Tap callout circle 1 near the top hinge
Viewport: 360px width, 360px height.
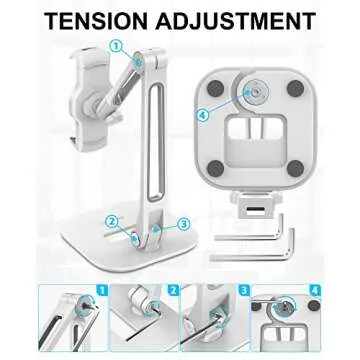[x=116, y=44]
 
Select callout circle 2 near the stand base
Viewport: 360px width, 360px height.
[x=113, y=220]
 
